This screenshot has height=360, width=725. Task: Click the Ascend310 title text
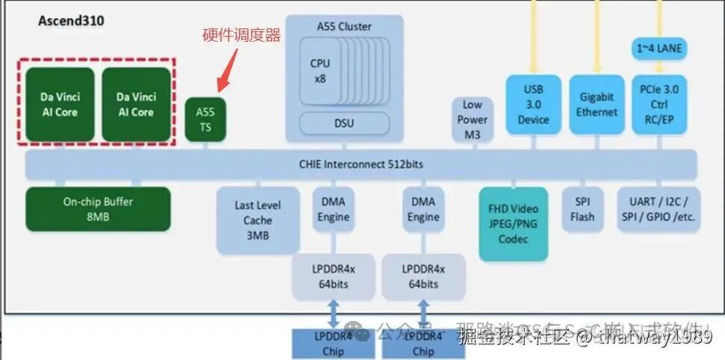(x=71, y=21)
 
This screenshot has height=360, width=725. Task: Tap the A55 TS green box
(x=205, y=120)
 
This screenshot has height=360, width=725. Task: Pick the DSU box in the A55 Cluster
(x=344, y=123)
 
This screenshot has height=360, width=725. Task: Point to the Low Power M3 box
(x=472, y=120)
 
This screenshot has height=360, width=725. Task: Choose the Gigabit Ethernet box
(x=597, y=105)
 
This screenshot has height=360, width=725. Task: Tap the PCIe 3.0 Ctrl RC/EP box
(x=659, y=105)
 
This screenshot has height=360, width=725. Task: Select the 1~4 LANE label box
(x=659, y=49)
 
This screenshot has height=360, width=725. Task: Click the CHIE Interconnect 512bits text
(x=361, y=164)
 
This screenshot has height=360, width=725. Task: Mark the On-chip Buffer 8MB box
(x=98, y=208)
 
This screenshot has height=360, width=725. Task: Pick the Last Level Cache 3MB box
(x=258, y=220)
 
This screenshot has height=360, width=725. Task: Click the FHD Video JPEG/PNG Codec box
(x=513, y=223)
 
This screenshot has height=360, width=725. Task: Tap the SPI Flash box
(x=582, y=209)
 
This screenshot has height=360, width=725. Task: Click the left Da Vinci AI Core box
(x=60, y=105)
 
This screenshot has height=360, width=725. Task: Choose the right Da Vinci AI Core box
(x=136, y=105)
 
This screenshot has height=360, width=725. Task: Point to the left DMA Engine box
(x=333, y=209)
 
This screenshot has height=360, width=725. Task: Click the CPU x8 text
(x=320, y=71)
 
